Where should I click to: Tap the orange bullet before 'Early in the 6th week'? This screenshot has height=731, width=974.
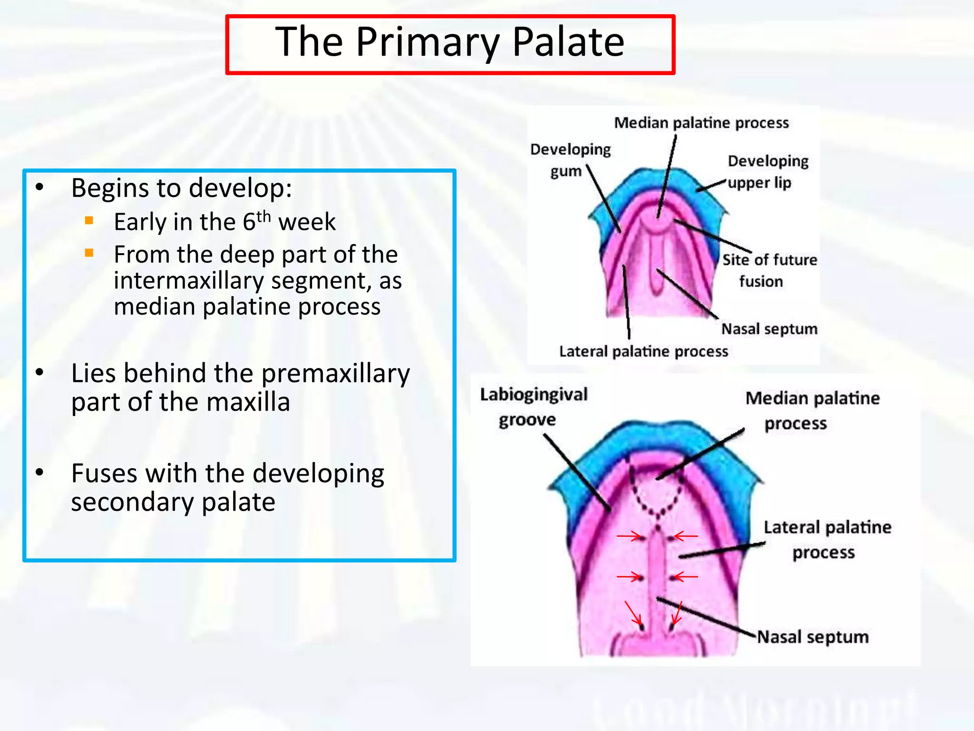(x=89, y=220)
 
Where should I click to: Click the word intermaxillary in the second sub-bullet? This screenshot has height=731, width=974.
(x=188, y=280)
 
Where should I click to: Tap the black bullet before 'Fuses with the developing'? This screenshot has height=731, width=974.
(x=39, y=473)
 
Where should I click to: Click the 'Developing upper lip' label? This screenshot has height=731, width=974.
(x=767, y=171)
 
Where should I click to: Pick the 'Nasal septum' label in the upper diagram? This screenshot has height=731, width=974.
(x=769, y=329)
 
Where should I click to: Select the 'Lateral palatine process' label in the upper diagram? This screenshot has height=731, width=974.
(x=643, y=351)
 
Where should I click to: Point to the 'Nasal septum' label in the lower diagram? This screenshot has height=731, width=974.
(x=812, y=637)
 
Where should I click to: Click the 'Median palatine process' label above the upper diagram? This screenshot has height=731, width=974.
(x=701, y=123)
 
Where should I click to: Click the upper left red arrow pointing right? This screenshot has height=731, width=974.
(x=629, y=537)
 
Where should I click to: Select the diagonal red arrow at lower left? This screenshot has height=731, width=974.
(x=633, y=613)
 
